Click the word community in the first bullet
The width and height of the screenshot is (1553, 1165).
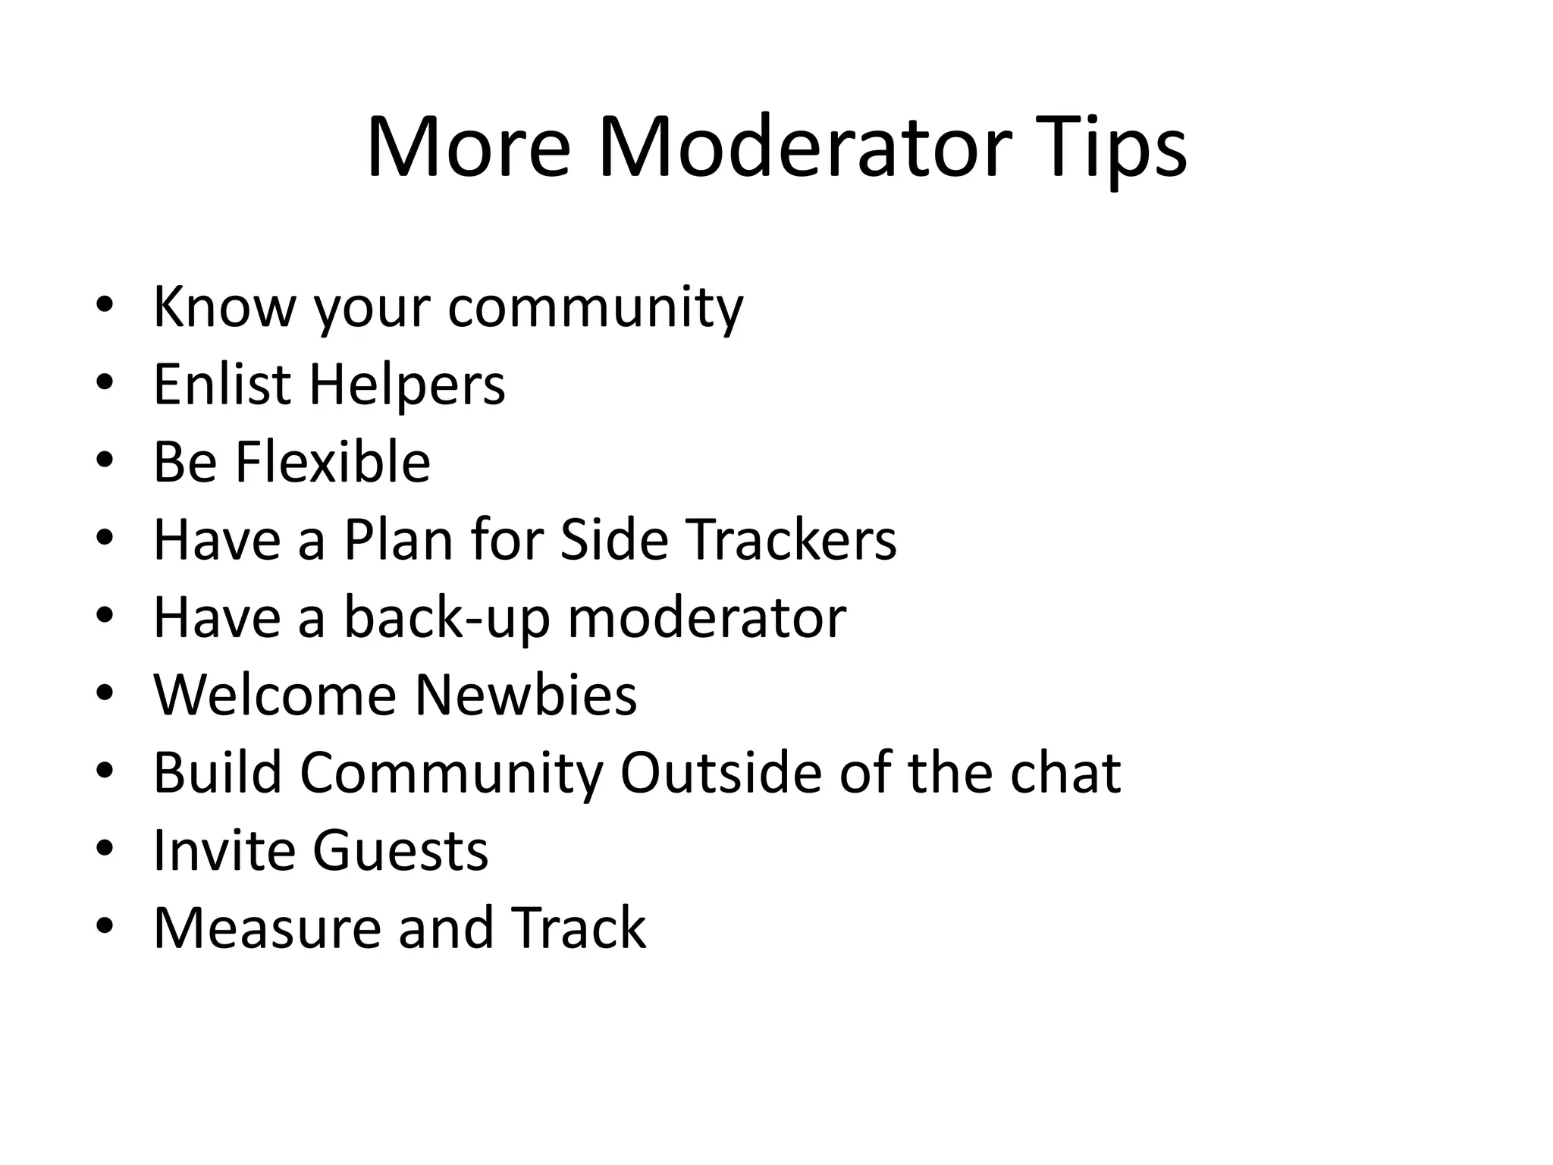[595, 307]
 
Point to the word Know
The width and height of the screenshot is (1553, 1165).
[224, 307]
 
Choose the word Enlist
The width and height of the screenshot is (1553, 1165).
[222, 385]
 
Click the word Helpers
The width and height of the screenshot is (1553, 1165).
[406, 385]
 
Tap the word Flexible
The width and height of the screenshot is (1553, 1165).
[332, 462]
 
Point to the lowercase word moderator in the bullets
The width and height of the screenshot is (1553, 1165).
[707, 617]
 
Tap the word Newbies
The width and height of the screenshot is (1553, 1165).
[526, 695]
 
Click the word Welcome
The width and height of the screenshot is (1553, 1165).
[275, 695]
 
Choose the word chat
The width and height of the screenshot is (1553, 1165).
[1065, 773]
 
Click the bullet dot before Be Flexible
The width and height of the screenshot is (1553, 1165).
[105, 460]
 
